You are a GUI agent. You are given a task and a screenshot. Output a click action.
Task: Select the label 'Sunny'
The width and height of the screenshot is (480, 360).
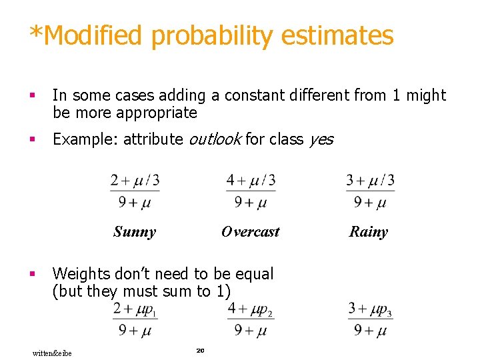coord(135,232)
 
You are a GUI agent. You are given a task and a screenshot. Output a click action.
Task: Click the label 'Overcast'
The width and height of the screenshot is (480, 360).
coord(250,232)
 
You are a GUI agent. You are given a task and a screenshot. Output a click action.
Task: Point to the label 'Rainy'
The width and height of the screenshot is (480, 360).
coord(368,232)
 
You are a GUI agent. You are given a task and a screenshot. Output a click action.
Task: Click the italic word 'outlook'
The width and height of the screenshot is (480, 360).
coord(215,139)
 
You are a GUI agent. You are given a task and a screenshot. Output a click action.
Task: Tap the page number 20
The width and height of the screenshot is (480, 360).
coord(199,350)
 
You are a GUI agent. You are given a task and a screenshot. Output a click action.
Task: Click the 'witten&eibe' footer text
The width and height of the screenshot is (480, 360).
coord(52,353)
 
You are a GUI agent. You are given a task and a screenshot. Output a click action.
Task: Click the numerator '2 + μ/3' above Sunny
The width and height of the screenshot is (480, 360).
coord(135,181)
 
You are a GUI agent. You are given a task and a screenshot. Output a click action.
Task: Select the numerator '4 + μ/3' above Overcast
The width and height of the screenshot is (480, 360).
coord(251,181)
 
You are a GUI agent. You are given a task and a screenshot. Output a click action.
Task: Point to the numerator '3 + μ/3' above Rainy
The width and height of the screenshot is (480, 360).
coord(370,181)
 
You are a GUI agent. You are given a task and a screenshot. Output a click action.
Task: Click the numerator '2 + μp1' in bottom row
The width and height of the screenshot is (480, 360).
coord(135,309)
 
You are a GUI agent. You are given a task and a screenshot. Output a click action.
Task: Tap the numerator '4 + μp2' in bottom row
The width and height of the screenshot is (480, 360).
coord(251,309)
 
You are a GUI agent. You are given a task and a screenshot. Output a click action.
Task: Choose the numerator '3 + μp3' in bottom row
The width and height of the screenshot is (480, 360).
coord(370,309)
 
